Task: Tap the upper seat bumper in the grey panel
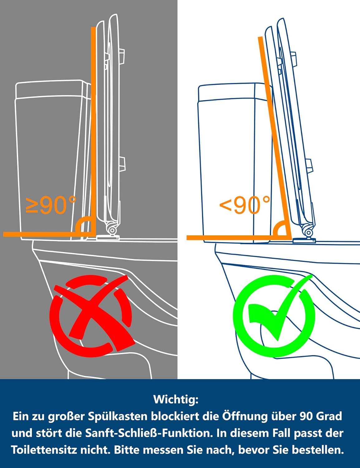[122, 56]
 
